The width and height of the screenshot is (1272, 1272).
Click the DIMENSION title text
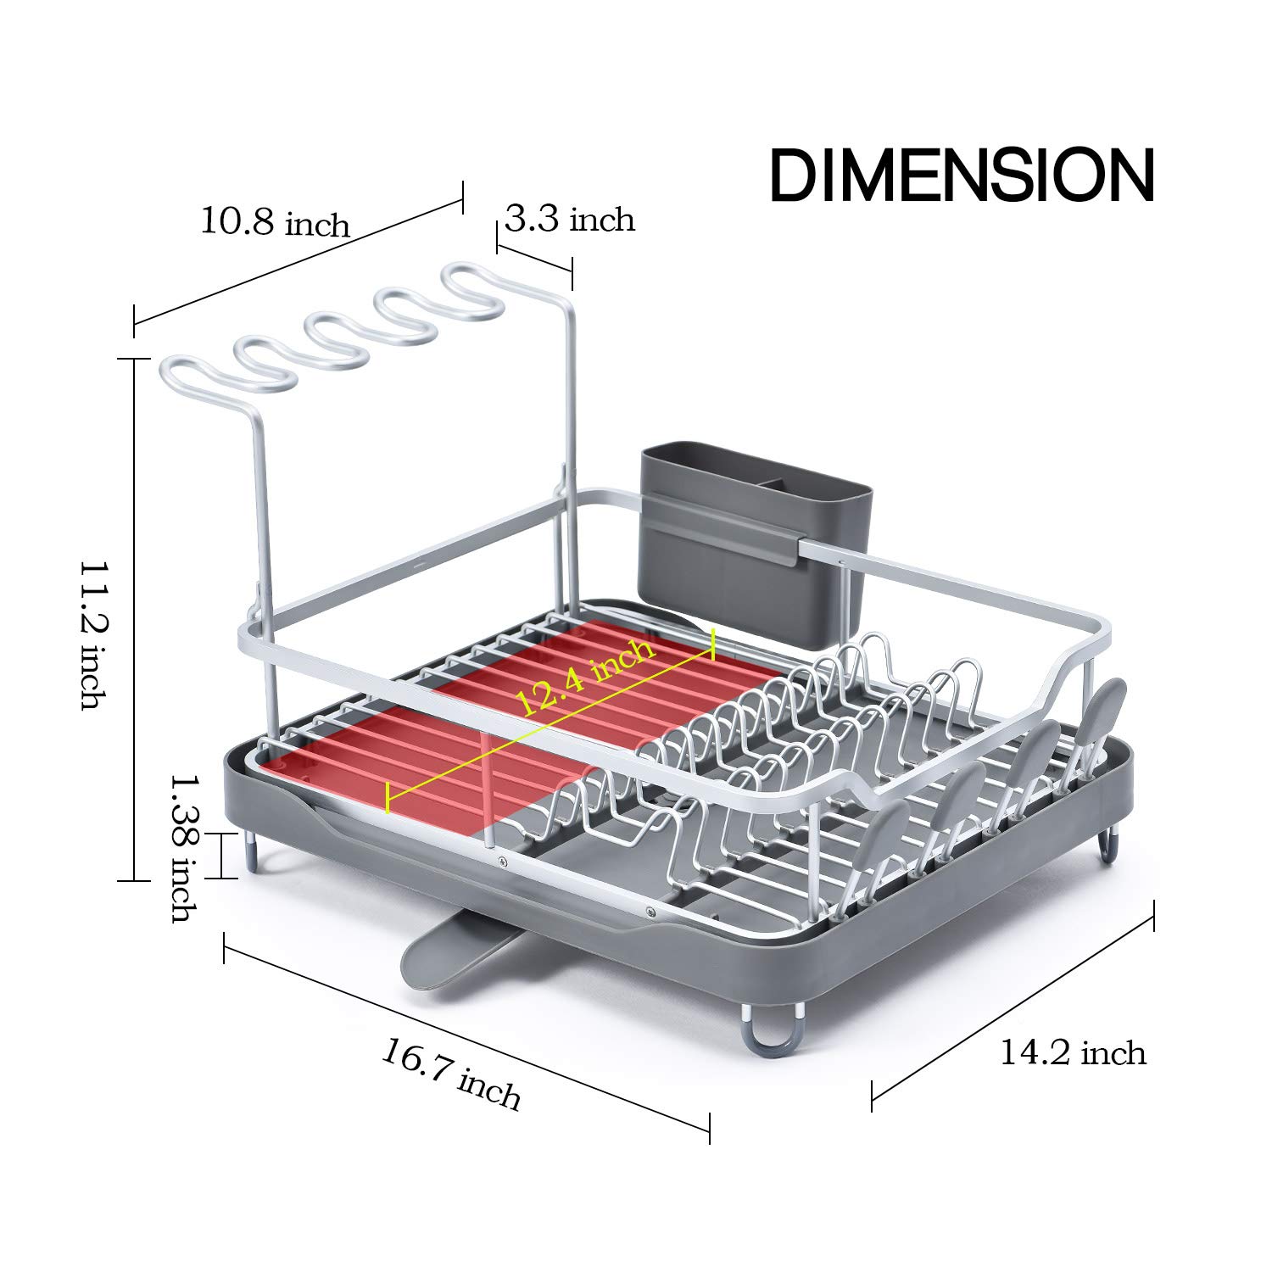(962, 175)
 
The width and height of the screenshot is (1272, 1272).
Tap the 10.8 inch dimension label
(275, 222)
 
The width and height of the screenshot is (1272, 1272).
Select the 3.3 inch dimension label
(570, 220)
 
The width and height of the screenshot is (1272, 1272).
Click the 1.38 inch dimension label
(184, 848)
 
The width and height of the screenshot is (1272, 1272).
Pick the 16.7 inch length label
(451, 1075)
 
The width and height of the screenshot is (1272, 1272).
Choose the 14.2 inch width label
(1073, 1052)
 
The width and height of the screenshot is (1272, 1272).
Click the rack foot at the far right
(1110, 847)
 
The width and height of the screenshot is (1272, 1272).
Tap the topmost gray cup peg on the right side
(1107, 705)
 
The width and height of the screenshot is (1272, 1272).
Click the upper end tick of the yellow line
(713, 644)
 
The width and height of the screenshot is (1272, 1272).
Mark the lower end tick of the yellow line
(388, 798)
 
